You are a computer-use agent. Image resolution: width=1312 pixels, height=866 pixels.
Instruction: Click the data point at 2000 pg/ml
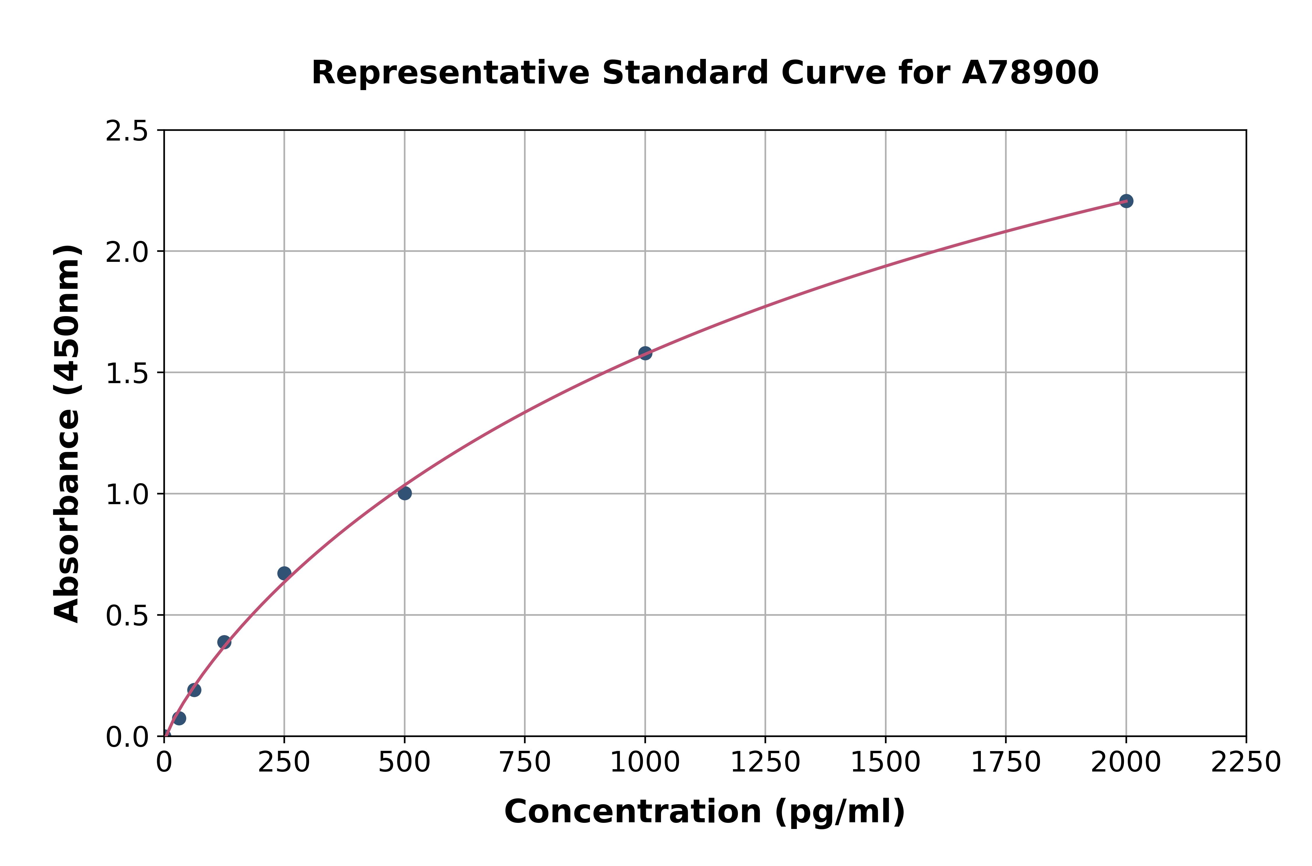tap(1126, 201)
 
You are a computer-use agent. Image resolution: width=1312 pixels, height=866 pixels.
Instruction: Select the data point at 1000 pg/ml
tap(645, 353)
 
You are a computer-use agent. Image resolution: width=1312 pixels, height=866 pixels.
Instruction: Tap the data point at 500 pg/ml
tap(405, 493)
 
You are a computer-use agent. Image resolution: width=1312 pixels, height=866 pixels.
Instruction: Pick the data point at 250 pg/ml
tap(284, 573)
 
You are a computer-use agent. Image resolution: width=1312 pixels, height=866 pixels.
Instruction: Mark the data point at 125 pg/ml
tap(224, 642)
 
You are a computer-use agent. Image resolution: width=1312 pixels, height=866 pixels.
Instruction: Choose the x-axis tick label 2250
tap(1246, 763)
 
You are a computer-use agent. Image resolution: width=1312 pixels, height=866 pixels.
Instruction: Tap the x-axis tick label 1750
tap(1006, 763)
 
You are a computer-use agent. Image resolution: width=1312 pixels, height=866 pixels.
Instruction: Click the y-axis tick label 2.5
tap(127, 132)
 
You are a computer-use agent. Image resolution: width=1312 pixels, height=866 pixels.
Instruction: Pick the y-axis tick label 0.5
tap(127, 616)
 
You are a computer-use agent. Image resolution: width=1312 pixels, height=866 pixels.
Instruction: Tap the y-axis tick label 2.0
tap(127, 253)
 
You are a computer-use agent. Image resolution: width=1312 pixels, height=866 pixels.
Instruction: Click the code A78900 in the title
tap(1030, 73)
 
